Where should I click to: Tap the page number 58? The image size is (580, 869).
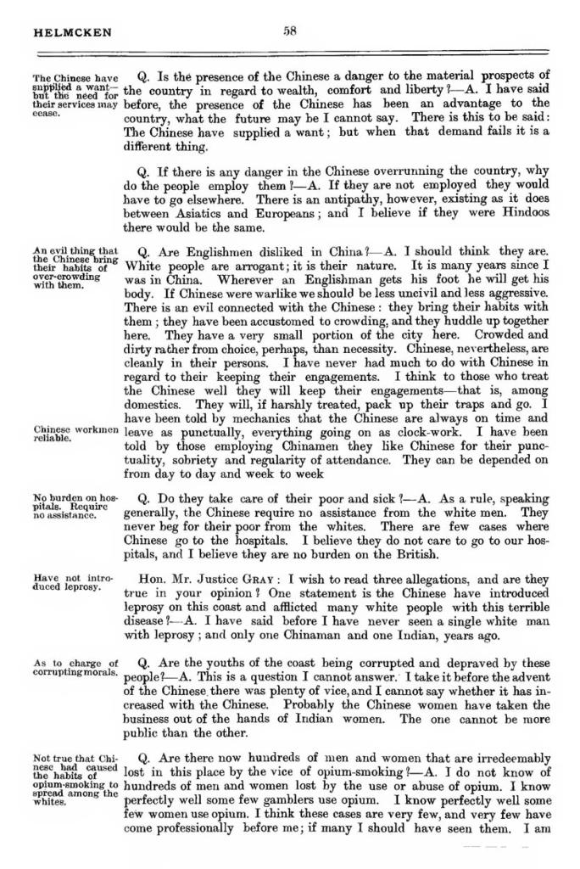(x=290, y=31)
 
